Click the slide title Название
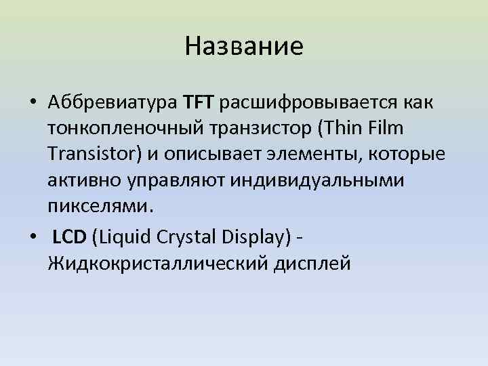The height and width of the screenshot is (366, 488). point(243,47)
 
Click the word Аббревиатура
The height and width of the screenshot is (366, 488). point(112,102)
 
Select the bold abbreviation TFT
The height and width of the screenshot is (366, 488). point(198,102)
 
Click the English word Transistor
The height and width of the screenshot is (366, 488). point(91,154)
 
